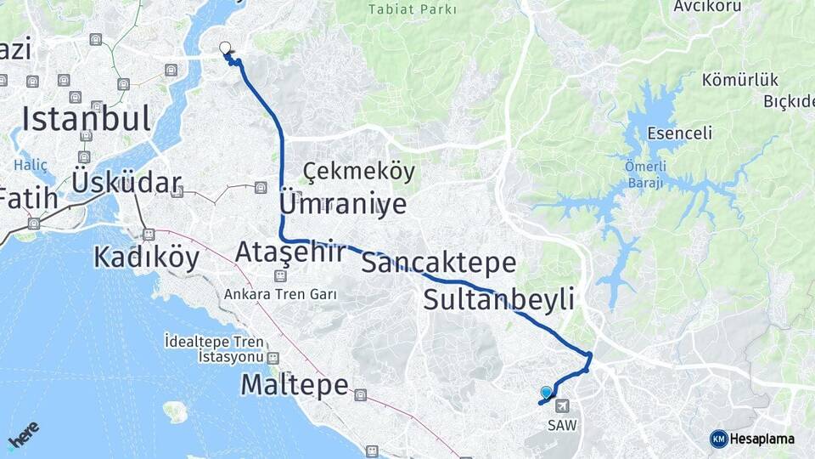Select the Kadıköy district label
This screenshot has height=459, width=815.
coord(147,257)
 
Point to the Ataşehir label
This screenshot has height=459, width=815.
coord(290,252)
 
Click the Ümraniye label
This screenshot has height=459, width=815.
coord(343,204)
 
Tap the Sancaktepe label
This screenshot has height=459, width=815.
coord(438,263)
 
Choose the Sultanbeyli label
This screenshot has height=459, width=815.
coord(498,299)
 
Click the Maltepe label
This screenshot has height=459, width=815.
coord(295,384)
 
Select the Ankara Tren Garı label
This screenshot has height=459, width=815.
coord(280,294)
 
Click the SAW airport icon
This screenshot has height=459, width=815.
coord(563,405)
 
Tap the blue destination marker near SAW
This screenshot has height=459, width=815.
coord(546,392)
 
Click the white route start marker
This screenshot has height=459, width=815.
coord(225,48)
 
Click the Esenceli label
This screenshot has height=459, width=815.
coord(679,133)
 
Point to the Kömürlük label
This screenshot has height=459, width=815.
coord(728,81)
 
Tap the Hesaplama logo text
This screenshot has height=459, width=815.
coord(762,439)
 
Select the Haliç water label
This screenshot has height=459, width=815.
coord(31,164)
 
